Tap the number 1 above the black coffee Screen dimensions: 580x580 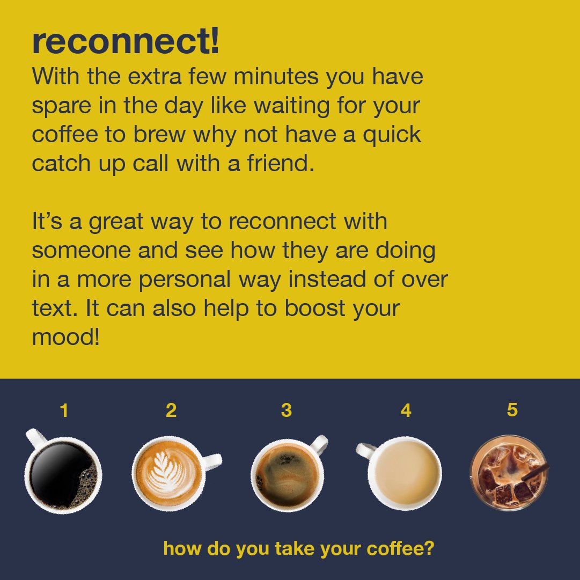64,411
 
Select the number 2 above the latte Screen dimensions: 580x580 171,411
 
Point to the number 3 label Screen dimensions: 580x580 287,411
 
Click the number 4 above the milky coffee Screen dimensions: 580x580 406,411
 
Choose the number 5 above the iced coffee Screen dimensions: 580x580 512,410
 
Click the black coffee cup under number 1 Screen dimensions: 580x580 63,475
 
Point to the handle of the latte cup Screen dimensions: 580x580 212,460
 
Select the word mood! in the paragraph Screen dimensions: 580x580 66,337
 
